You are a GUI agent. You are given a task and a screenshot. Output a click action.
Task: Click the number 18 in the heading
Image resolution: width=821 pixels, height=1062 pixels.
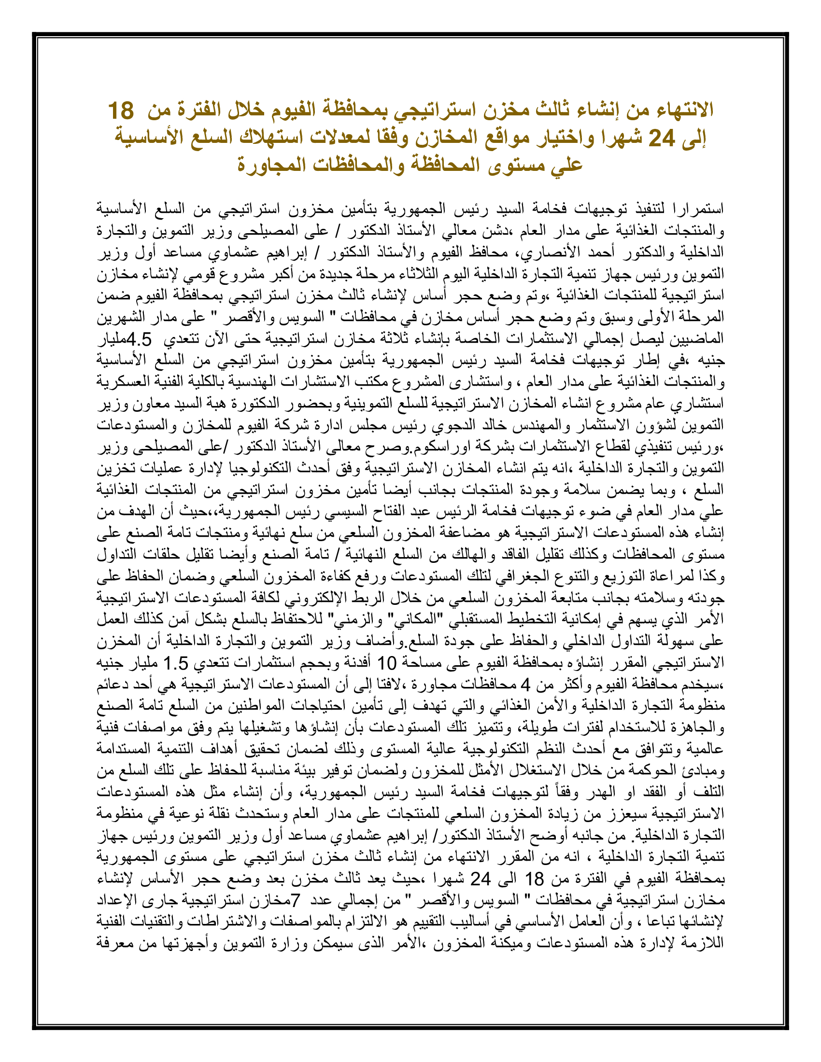click(121, 111)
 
